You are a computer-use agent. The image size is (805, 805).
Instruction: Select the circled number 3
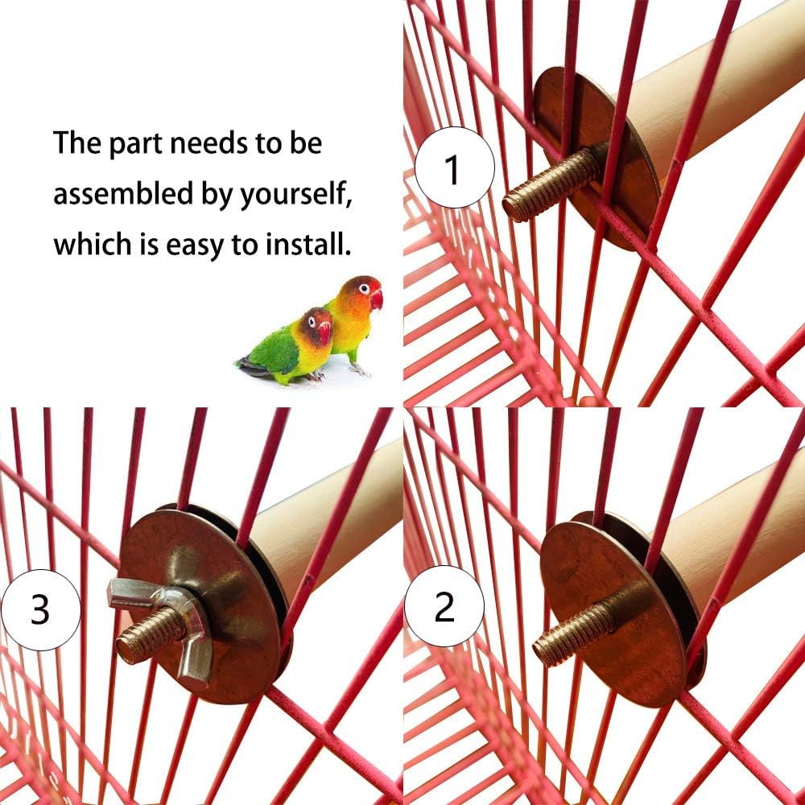coord(40,609)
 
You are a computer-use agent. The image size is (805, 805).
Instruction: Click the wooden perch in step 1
coord(708,89)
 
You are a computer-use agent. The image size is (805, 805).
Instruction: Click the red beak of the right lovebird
coord(376,299)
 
